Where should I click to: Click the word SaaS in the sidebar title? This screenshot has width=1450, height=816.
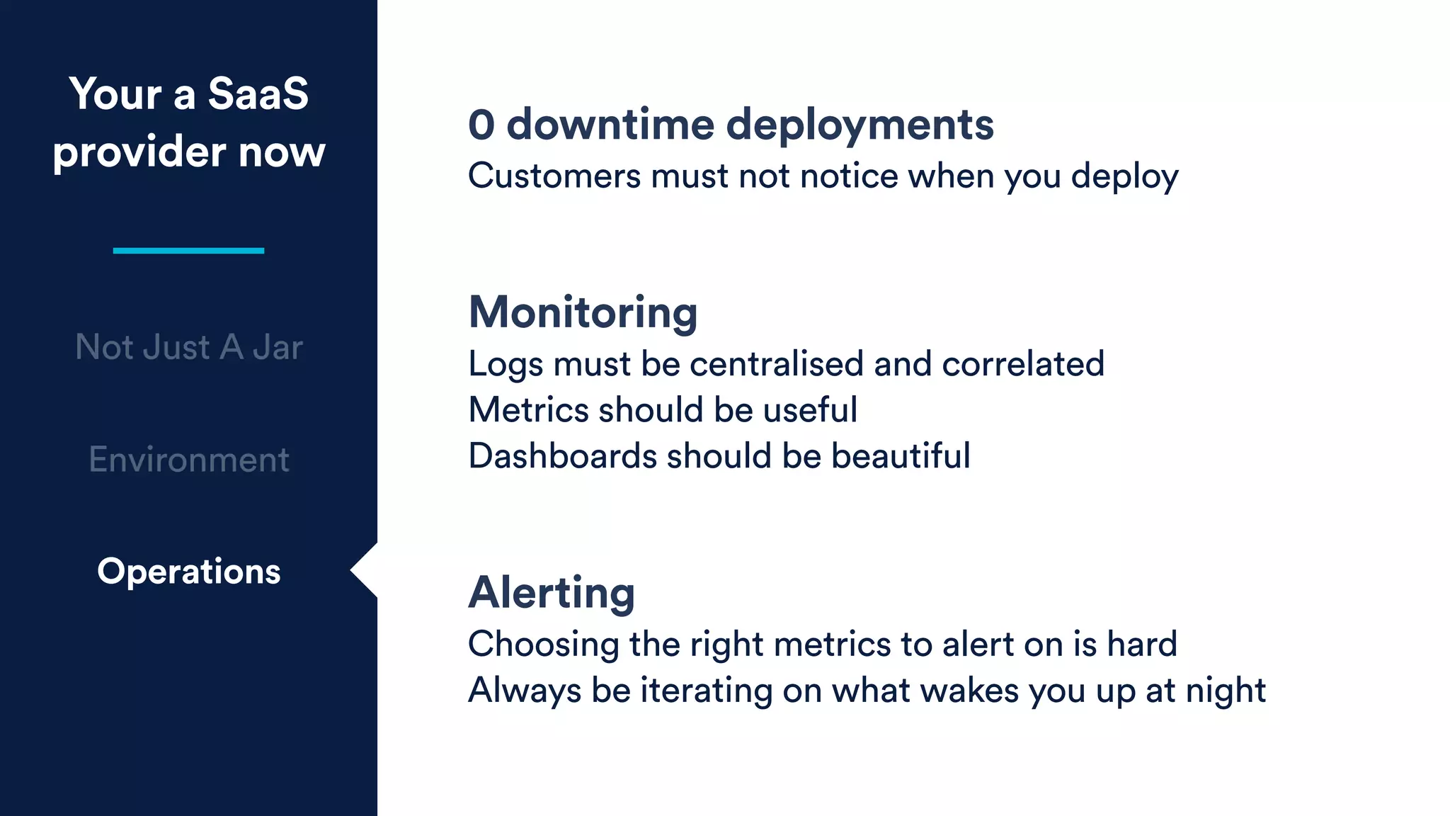(258, 93)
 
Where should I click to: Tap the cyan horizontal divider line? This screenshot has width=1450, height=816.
(188, 251)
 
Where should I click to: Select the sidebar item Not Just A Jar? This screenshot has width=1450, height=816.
(189, 347)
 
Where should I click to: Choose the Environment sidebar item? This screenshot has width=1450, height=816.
(189, 460)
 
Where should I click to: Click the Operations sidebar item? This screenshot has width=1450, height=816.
(189, 571)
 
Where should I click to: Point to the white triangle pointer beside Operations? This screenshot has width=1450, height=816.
(365, 570)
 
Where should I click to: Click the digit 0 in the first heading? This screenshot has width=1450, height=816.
(481, 125)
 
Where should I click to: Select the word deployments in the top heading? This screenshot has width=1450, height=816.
(860, 126)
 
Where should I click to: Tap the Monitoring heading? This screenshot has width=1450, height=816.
(583, 312)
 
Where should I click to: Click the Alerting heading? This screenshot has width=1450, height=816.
(552, 592)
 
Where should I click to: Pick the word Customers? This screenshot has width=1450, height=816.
(554, 176)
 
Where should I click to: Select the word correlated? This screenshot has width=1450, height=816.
(1023, 364)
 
